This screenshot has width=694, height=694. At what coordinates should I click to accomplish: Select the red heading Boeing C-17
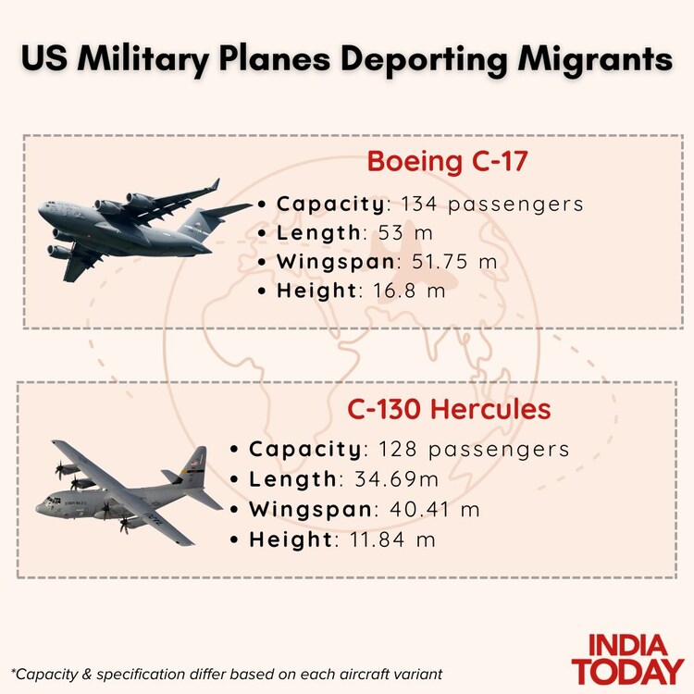(447, 160)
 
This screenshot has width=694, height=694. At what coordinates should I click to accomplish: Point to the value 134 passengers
(492, 204)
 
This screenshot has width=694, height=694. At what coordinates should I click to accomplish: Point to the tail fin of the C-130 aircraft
(196, 460)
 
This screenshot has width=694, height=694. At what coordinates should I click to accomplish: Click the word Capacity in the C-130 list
(305, 450)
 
